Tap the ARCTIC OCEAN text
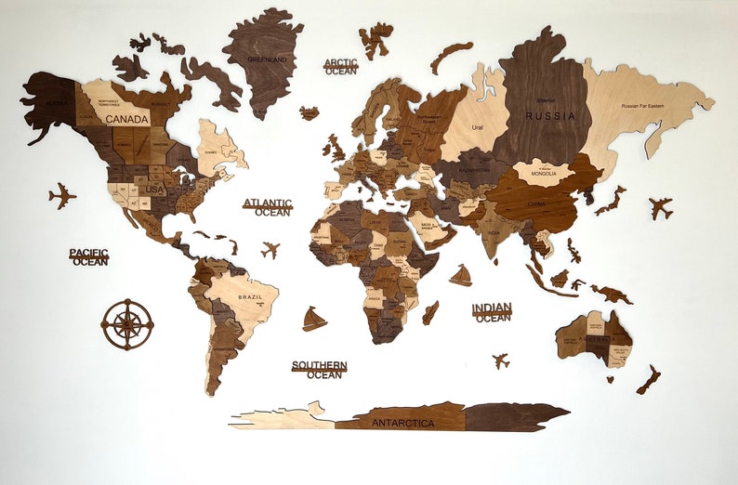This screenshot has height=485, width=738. coord(340,67)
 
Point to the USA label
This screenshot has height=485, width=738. coord(154,190)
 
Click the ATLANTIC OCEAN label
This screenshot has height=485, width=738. coord(268,207)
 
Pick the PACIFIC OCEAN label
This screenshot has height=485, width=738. coord(89,256)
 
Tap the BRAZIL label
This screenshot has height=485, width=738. coord(249,296)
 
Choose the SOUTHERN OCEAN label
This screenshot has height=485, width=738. coord(319,370)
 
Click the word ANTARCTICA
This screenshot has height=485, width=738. coord(402,424)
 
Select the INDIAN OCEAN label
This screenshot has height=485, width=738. coord(492,313)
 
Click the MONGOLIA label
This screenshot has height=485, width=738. coord(543,174)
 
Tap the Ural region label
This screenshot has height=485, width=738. coord(477,127)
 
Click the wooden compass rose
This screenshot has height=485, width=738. coord(127,324)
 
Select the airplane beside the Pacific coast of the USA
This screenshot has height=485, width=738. coord(62,196)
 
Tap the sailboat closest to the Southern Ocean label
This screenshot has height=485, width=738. coord(314,320)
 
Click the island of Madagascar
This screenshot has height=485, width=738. coord(430,312)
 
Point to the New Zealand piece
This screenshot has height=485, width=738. coord(649,379)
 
